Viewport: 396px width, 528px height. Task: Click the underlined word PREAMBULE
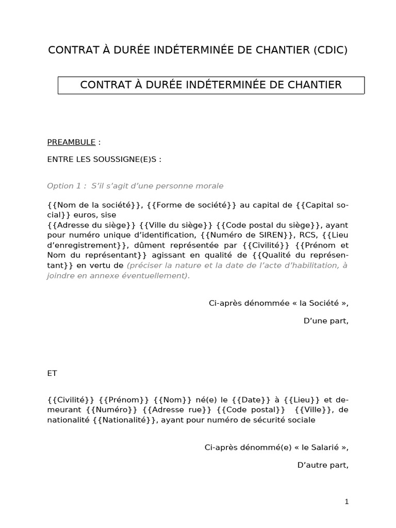click(x=71, y=142)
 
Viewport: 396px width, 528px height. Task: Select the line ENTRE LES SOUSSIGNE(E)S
click(x=104, y=159)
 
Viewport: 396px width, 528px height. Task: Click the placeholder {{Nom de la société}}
click(x=94, y=205)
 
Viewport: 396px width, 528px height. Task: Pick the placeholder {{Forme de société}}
click(x=191, y=205)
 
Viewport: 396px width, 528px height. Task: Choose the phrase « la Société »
click(x=323, y=303)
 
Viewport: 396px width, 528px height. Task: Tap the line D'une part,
click(x=326, y=321)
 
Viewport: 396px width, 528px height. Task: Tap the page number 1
click(x=347, y=501)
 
